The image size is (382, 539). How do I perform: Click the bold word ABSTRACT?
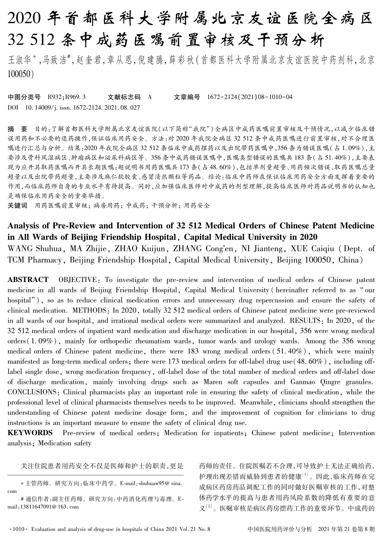pos(28,280)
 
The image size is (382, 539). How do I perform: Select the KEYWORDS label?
pos(30,433)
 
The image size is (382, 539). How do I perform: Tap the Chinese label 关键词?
pos(18,206)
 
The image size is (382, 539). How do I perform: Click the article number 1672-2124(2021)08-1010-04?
pos(250,97)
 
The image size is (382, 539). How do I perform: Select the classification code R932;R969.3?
pos(67,97)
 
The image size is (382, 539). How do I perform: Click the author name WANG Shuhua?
pos(34,248)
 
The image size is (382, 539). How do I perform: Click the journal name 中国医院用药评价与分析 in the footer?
pos(279,529)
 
